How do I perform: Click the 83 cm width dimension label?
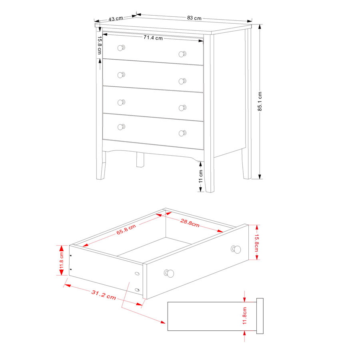(x=194, y=18)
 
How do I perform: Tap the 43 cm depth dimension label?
(x=116, y=18)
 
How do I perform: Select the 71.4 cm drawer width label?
(x=153, y=38)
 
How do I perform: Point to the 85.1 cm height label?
(x=260, y=101)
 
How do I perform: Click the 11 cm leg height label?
(x=201, y=176)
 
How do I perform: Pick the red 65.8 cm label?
(x=126, y=229)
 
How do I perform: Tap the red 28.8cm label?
(x=190, y=223)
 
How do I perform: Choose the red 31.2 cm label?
(x=104, y=295)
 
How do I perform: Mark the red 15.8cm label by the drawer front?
(x=256, y=243)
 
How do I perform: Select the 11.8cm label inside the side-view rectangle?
(x=244, y=316)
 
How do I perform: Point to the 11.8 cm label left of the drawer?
(x=61, y=260)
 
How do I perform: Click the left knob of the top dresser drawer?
(x=121, y=48)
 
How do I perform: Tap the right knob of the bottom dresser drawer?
(x=182, y=133)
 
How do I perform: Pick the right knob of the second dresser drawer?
(x=182, y=81)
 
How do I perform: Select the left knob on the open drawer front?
(x=169, y=273)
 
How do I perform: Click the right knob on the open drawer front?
(x=236, y=249)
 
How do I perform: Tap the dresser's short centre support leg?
(x=140, y=160)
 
